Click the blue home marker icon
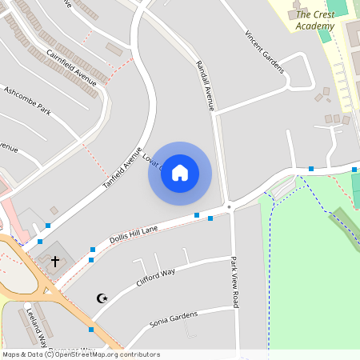pyautogui.click(x=180, y=173)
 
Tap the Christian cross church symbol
pyautogui.click(x=55, y=261)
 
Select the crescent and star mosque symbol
pyautogui.click(x=102, y=298)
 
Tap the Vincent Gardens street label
pyautogui.click(x=265, y=52)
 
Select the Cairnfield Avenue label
pyautogui.click(x=71, y=68)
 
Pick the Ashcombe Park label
pyautogui.click(x=27, y=100)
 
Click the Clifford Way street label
pyautogui.click(x=155, y=278)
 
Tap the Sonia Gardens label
pyautogui.click(x=173, y=318)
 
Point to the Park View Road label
pyautogui.click(x=234, y=282)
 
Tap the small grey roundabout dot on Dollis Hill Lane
pyautogui.click(x=230, y=208)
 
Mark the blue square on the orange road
pyautogui.click(x=91, y=330)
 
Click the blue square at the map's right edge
pyautogui.click(x=354, y=170)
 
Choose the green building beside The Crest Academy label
pyautogui.click(x=325, y=35)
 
